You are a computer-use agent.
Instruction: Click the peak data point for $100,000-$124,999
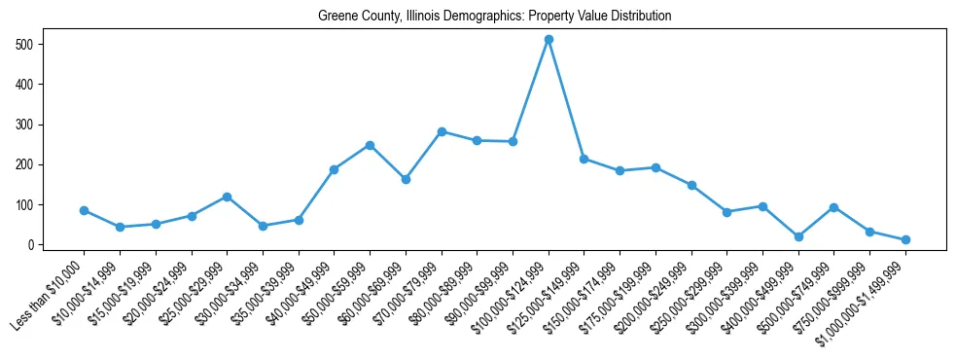(x=549, y=39)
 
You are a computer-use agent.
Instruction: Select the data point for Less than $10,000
(x=84, y=210)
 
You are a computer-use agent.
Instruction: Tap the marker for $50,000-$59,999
(x=370, y=145)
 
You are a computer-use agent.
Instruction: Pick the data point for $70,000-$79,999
(x=442, y=131)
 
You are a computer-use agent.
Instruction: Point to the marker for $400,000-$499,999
(x=798, y=236)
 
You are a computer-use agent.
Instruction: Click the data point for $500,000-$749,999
(x=834, y=207)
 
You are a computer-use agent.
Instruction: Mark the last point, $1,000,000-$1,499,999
(x=905, y=239)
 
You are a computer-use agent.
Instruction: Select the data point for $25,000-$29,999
(x=227, y=197)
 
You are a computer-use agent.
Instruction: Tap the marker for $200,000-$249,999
(x=691, y=185)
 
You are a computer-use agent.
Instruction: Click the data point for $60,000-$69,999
(x=406, y=179)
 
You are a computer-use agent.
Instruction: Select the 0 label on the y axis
(x=33, y=245)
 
